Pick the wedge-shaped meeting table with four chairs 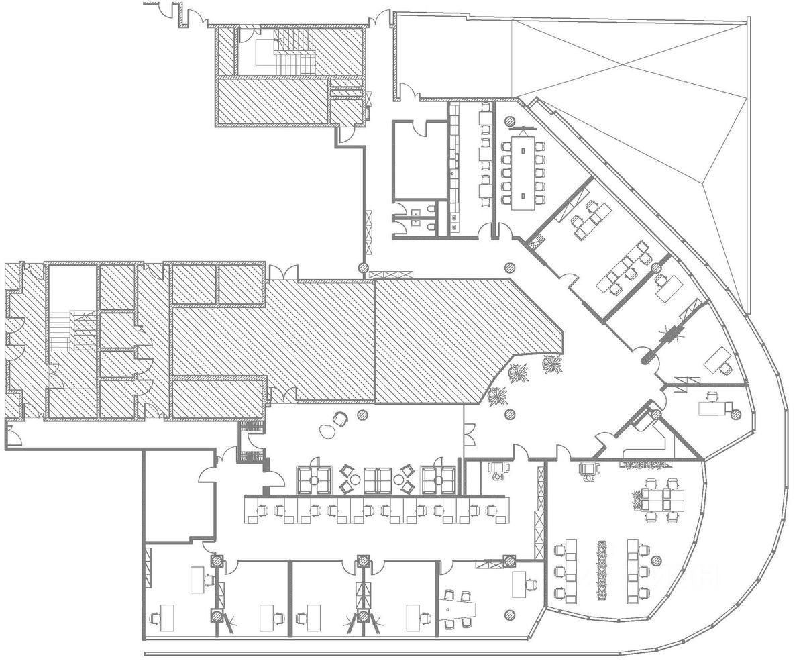tap(459, 610)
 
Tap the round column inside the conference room tap(510, 121)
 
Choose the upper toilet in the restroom tap(416, 214)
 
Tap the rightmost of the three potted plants tap(552, 364)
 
